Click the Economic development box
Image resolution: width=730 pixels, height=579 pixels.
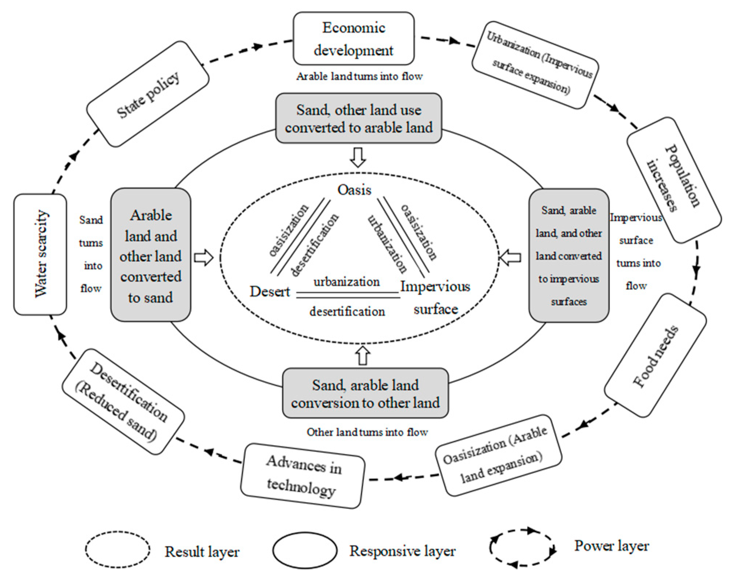tap(354, 38)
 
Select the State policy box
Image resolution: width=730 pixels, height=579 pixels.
tap(148, 94)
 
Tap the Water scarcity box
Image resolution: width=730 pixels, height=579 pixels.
tap(40, 254)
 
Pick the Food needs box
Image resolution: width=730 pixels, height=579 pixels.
tap(656, 355)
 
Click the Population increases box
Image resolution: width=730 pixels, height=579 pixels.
tap(674, 180)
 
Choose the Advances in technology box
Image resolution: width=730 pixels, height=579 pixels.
tap(303, 476)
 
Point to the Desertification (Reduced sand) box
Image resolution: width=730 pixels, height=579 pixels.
tap(123, 402)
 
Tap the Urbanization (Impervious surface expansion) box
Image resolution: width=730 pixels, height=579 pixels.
tap(535, 65)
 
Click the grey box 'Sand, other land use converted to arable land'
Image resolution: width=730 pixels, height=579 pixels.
tap(359, 118)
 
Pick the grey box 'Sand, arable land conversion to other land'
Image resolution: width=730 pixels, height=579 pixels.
tap(365, 393)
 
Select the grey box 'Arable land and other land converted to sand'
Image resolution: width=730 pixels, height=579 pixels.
tap(151, 255)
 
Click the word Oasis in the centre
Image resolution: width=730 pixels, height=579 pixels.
tap(354, 190)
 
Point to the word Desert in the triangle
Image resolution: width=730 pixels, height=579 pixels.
tap(270, 291)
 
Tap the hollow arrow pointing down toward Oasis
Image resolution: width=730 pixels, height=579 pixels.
tap(358, 157)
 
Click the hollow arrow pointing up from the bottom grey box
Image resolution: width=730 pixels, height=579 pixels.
tap(362, 355)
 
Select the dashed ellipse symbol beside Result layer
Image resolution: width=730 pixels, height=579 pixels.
tap(118, 549)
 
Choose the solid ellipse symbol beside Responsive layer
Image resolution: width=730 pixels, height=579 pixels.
tap(305, 550)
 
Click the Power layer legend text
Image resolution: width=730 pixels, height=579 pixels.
tap(612, 546)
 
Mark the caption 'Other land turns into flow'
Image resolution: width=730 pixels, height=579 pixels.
tap(367, 432)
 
